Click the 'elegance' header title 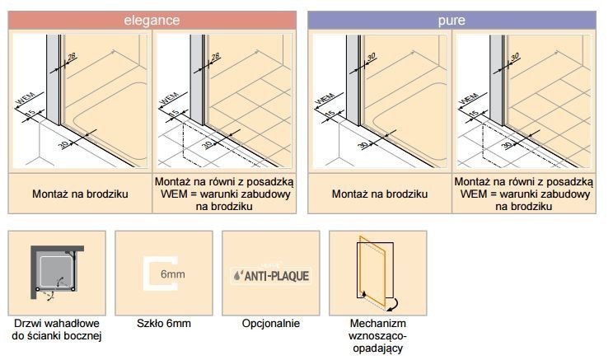152,19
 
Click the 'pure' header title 451,19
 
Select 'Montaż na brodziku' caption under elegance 80,194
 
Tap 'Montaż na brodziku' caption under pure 379,194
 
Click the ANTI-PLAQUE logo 271,274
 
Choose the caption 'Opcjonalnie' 271,323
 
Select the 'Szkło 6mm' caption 163,323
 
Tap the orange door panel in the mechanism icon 376,268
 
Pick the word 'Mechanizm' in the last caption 378,323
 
